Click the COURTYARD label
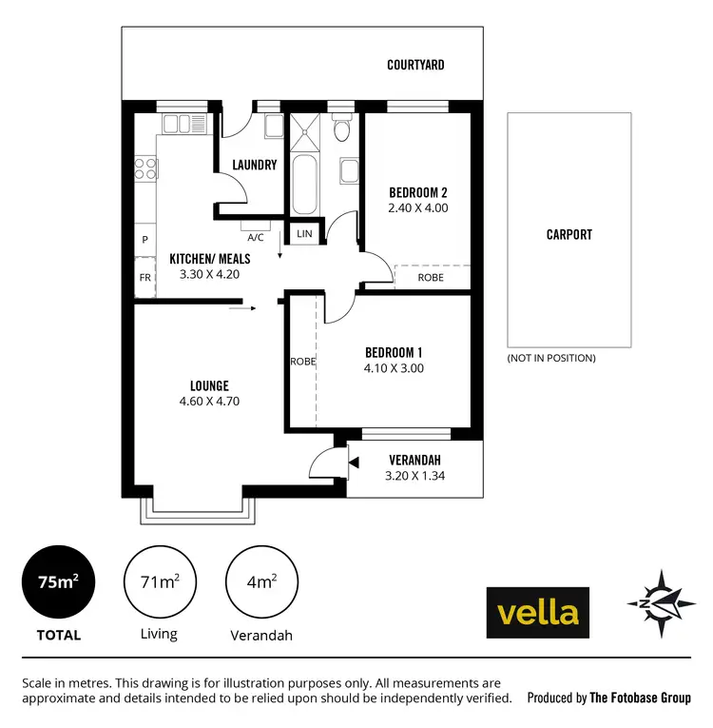415,65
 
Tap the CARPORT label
568,234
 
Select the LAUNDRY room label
255,165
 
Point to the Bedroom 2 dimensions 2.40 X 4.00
418,207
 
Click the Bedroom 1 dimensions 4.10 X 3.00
394,368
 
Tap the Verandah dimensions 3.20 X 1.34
414,477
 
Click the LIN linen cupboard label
304,233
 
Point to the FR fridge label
145,278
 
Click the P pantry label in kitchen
145,240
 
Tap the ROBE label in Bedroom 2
430,278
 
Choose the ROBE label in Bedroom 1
302,362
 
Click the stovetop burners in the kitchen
145,168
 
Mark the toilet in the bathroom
342,128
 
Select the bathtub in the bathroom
305,185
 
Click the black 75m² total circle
58,582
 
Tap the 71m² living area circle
159,582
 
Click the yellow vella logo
537,611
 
